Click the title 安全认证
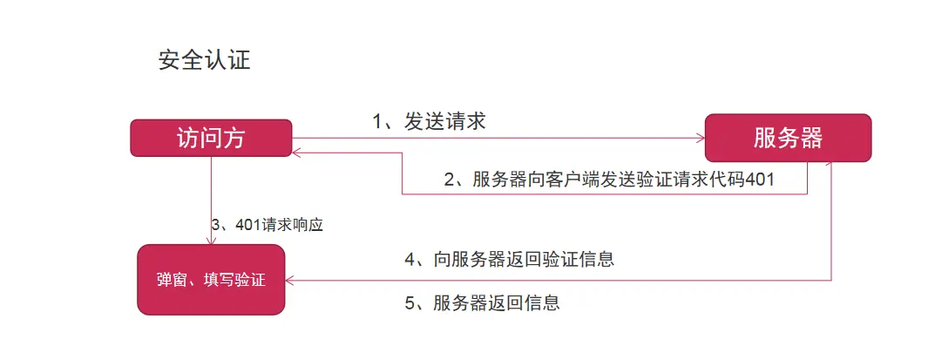[x=205, y=60]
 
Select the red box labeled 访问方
[x=211, y=139]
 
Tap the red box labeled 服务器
[x=788, y=138]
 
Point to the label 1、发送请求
[x=429, y=122]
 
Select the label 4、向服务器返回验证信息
[x=510, y=259]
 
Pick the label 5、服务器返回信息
[x=482, y=303]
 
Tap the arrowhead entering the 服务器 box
[x=700, y=138]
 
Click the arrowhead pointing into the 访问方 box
[x=297, y=152]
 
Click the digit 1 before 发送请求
[x=377, y=122]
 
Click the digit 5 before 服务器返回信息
[x=410, y=303]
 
